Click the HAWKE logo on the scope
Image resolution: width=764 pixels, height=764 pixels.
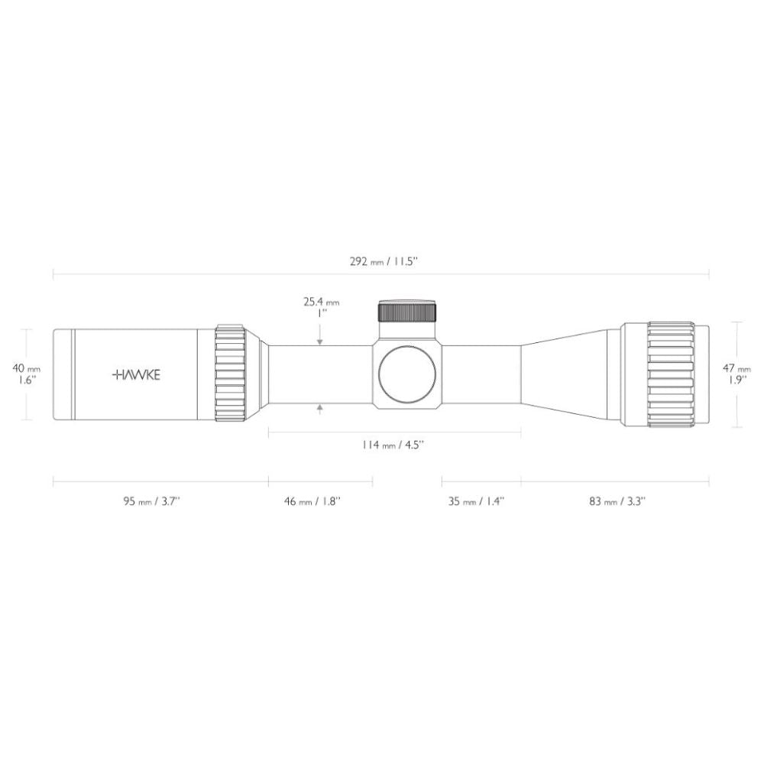tap(136, 374)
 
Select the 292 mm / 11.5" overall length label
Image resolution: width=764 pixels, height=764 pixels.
tap(384, 261)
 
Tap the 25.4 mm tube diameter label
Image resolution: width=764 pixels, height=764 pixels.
tap(321, 302)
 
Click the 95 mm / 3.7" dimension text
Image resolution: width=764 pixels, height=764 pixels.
tap(151, 501)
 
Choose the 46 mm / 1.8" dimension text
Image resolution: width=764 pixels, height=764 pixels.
tap(312, 501)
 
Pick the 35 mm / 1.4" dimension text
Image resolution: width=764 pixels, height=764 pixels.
tap(476, 501)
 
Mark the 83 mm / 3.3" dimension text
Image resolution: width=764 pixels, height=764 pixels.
tap(617, 501)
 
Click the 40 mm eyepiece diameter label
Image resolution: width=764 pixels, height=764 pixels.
tap(26, 369)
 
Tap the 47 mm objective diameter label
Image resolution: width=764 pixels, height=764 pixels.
tap(736, 369)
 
